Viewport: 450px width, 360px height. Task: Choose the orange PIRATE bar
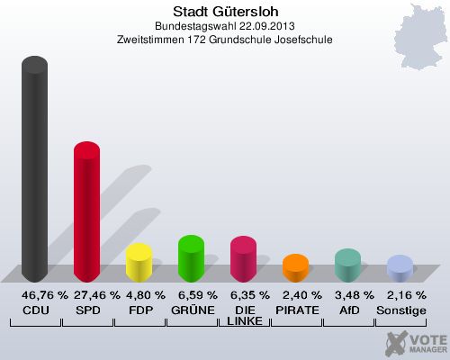click(295, 267)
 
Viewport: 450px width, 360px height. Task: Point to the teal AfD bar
click(347, 265)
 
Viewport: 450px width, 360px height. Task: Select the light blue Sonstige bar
click(400, 267)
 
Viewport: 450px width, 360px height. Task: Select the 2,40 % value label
click(295, 295)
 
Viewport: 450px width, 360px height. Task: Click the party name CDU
click(35, 310)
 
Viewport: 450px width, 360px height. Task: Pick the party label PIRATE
click(295, 310)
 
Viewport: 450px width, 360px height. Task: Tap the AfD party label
click(347, 310)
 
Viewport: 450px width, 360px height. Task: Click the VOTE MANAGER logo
click(414, 343)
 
